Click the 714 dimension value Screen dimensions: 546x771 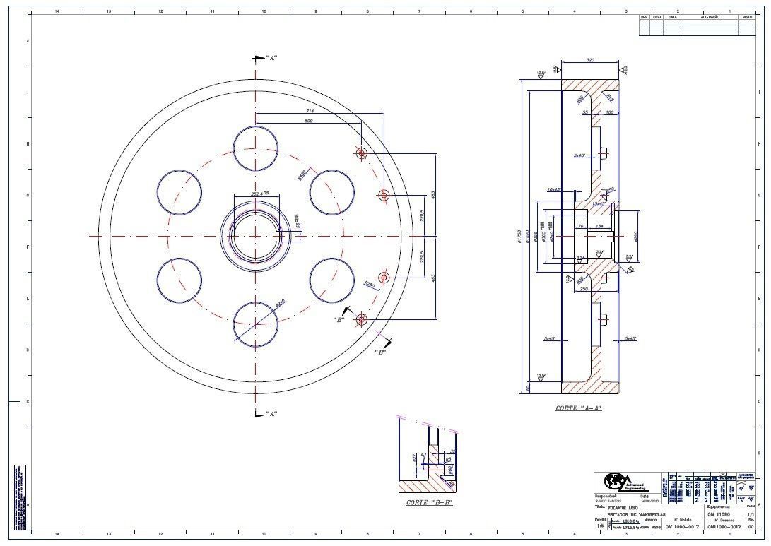(x=310, y=112)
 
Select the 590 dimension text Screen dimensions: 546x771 (x=308, y=121)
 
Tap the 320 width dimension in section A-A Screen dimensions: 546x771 (x=589, y=61)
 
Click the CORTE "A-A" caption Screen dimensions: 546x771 (x=578, y=408)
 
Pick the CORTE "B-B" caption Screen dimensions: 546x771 (x=428, y=503)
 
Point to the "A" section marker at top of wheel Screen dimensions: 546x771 (x=271, y=57)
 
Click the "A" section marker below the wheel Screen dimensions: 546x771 (x=271, y=413)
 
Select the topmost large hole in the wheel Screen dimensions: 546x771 (x=255, y=149)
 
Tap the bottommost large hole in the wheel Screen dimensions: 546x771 (x=255, y=324)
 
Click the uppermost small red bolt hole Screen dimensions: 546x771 (x=361, y=153)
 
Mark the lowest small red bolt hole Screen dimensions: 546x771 (x=361, y=320)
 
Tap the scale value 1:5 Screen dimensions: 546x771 (x=600, y=526)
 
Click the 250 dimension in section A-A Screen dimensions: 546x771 (x=584, y=288)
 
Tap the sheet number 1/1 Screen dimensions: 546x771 (x=751, y=515)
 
